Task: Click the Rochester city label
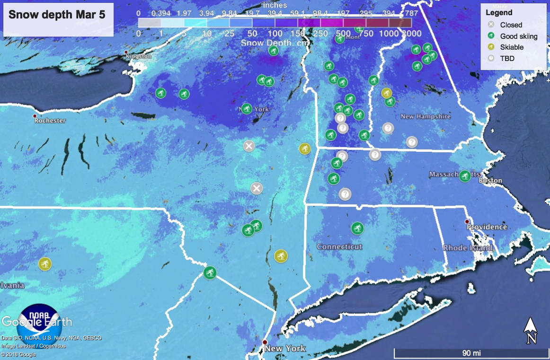50,121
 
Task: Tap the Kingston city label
138,56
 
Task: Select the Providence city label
487,227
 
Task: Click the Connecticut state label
339,246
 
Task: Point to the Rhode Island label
468,248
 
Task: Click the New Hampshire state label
426,116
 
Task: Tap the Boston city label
490,180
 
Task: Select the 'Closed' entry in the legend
511,25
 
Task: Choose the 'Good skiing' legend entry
519,36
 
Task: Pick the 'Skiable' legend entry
512,47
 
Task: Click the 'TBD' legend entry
507,59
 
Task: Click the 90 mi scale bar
471,353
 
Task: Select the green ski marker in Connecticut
357,228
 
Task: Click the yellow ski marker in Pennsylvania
45,263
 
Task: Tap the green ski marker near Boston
465,176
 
